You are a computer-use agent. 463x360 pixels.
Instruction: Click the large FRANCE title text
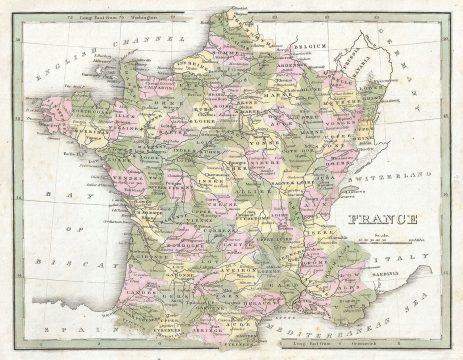click(x=382, y=219)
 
